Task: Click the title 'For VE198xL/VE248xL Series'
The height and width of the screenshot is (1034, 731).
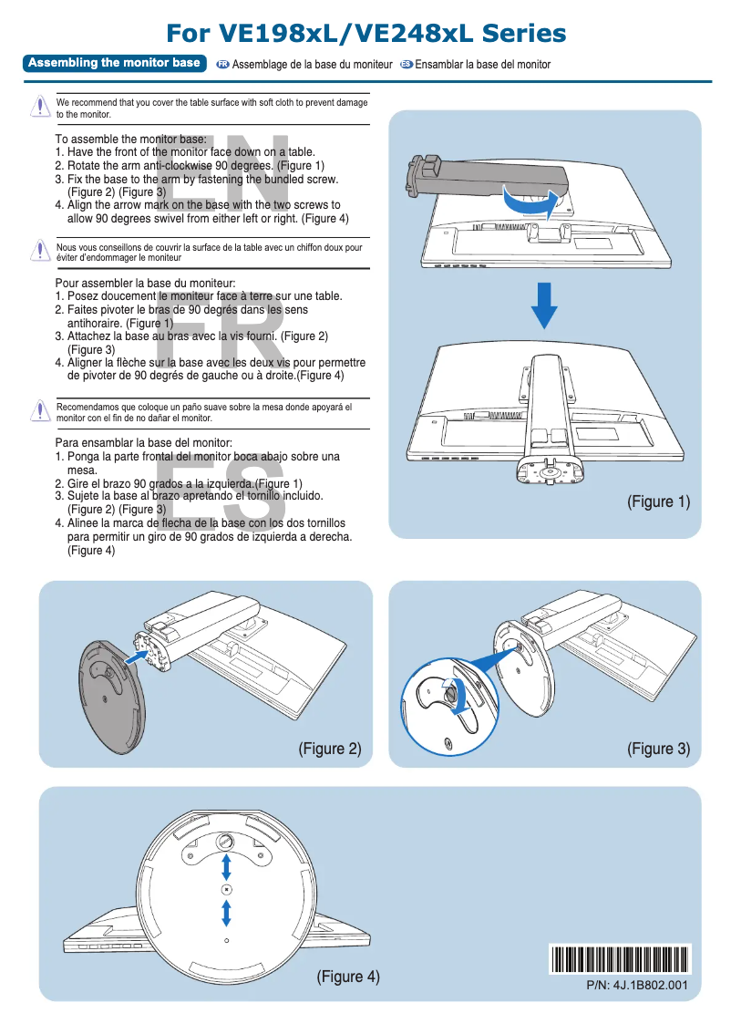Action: pyautogui.click(x=365, y=34)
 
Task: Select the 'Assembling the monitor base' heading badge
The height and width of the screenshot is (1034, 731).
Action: pyautogui.click(x=114, y=63)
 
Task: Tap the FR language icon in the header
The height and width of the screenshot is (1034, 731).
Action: pyautogui.click(x=222, y=65)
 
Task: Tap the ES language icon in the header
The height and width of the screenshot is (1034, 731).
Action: pyautogui.click(x=407, y=65)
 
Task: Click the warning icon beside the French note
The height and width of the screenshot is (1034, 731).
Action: pyautogui.click(x=39, y=251)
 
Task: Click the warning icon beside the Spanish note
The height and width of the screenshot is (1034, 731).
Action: pyautogui.click(x=39, y=410)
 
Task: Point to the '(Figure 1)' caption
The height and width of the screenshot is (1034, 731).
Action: pyautogui.click(x=658, y=501)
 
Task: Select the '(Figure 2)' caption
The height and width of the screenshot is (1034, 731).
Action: pyautogui.click(x=330, y=749)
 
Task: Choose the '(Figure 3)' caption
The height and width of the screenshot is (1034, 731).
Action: pyautogui.click(x=658, y=749)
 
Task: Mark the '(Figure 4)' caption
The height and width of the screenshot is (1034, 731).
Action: pyautogui.click(x=347, y=977)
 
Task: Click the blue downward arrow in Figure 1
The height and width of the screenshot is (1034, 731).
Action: pyautogui.click(x=544, y=305)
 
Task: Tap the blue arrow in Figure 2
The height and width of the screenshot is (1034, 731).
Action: pyautogui.click(x=137, y=656)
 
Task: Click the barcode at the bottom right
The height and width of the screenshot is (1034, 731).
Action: pyautogui.click(x=621, y=959)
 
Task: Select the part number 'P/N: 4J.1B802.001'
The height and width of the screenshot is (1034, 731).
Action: pyautogui.click(x=636, y=986)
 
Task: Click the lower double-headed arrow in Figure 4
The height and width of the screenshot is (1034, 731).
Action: pyautogui.click(x=226, y=911)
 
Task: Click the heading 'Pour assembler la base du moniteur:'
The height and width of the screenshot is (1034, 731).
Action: pyautogui.click(x=146, y=284)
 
